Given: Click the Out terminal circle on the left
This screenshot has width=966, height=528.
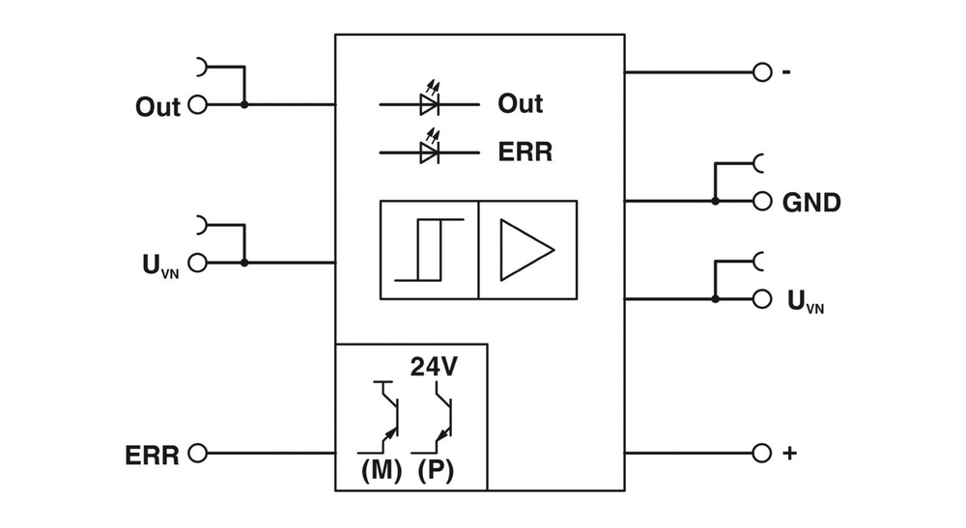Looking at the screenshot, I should (197, 104).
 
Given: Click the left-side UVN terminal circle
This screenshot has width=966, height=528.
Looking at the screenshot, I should (197, 262).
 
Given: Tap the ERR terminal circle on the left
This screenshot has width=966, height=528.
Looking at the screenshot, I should (197, 453).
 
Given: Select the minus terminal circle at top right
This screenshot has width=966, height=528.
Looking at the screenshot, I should (762, 72).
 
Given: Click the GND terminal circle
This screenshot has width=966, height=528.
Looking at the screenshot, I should (762, 201).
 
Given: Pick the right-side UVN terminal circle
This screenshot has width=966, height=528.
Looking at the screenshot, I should (762, 299).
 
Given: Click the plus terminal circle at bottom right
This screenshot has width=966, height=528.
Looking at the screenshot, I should (762, 453).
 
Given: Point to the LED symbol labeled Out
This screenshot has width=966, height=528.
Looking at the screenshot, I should (430, 103).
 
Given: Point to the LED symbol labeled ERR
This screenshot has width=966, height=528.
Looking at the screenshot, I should (430, 152).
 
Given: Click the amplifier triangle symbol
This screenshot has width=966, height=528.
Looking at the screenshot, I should (526, 249).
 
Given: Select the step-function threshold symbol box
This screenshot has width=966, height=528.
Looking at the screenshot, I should (430, 250).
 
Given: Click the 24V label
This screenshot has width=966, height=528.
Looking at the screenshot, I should (434, 367).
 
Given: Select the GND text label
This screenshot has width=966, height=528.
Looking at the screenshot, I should (811, 203).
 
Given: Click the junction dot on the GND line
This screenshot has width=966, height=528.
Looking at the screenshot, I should (715, 201).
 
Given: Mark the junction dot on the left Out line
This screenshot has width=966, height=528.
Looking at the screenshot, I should (244, 104).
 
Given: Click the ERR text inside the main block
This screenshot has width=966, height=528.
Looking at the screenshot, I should (525, 153).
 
